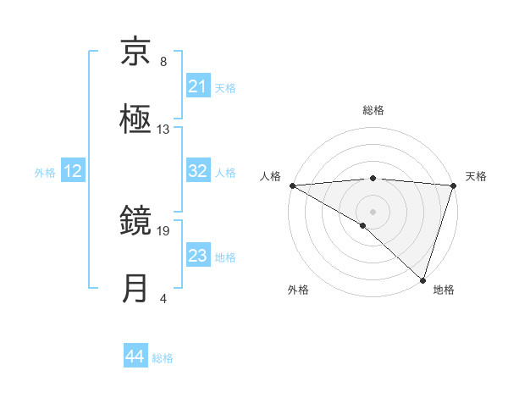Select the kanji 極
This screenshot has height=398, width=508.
click(x=136, y=119)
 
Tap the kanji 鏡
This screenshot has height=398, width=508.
click(x=136, y=221)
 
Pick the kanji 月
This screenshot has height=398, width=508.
click(x=136, y=289)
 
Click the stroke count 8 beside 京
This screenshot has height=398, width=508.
click(x=163, y=62)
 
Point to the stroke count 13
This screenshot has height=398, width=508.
click(x=163, y=130)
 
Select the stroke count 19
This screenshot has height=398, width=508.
click(x=163, y=230)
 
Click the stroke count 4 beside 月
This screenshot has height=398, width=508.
click(x=163, y=298)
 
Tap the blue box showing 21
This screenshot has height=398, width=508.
click(x=198, y=86)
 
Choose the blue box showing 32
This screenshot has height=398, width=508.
click(x=198, y=171)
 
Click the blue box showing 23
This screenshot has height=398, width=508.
click(x=198, y=256)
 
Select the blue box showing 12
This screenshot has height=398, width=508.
click(x=73, y=171)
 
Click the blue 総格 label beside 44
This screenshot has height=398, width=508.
click(x=163, y=358)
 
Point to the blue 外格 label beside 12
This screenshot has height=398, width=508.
click(x=45, y=172)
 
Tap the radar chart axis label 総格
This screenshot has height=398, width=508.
click(x=373, y=110)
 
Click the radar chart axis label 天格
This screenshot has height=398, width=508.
click(x=476, y=176)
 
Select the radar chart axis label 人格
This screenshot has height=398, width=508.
click(x=270, y=176)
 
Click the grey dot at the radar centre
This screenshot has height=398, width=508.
click(x=373, y=211)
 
